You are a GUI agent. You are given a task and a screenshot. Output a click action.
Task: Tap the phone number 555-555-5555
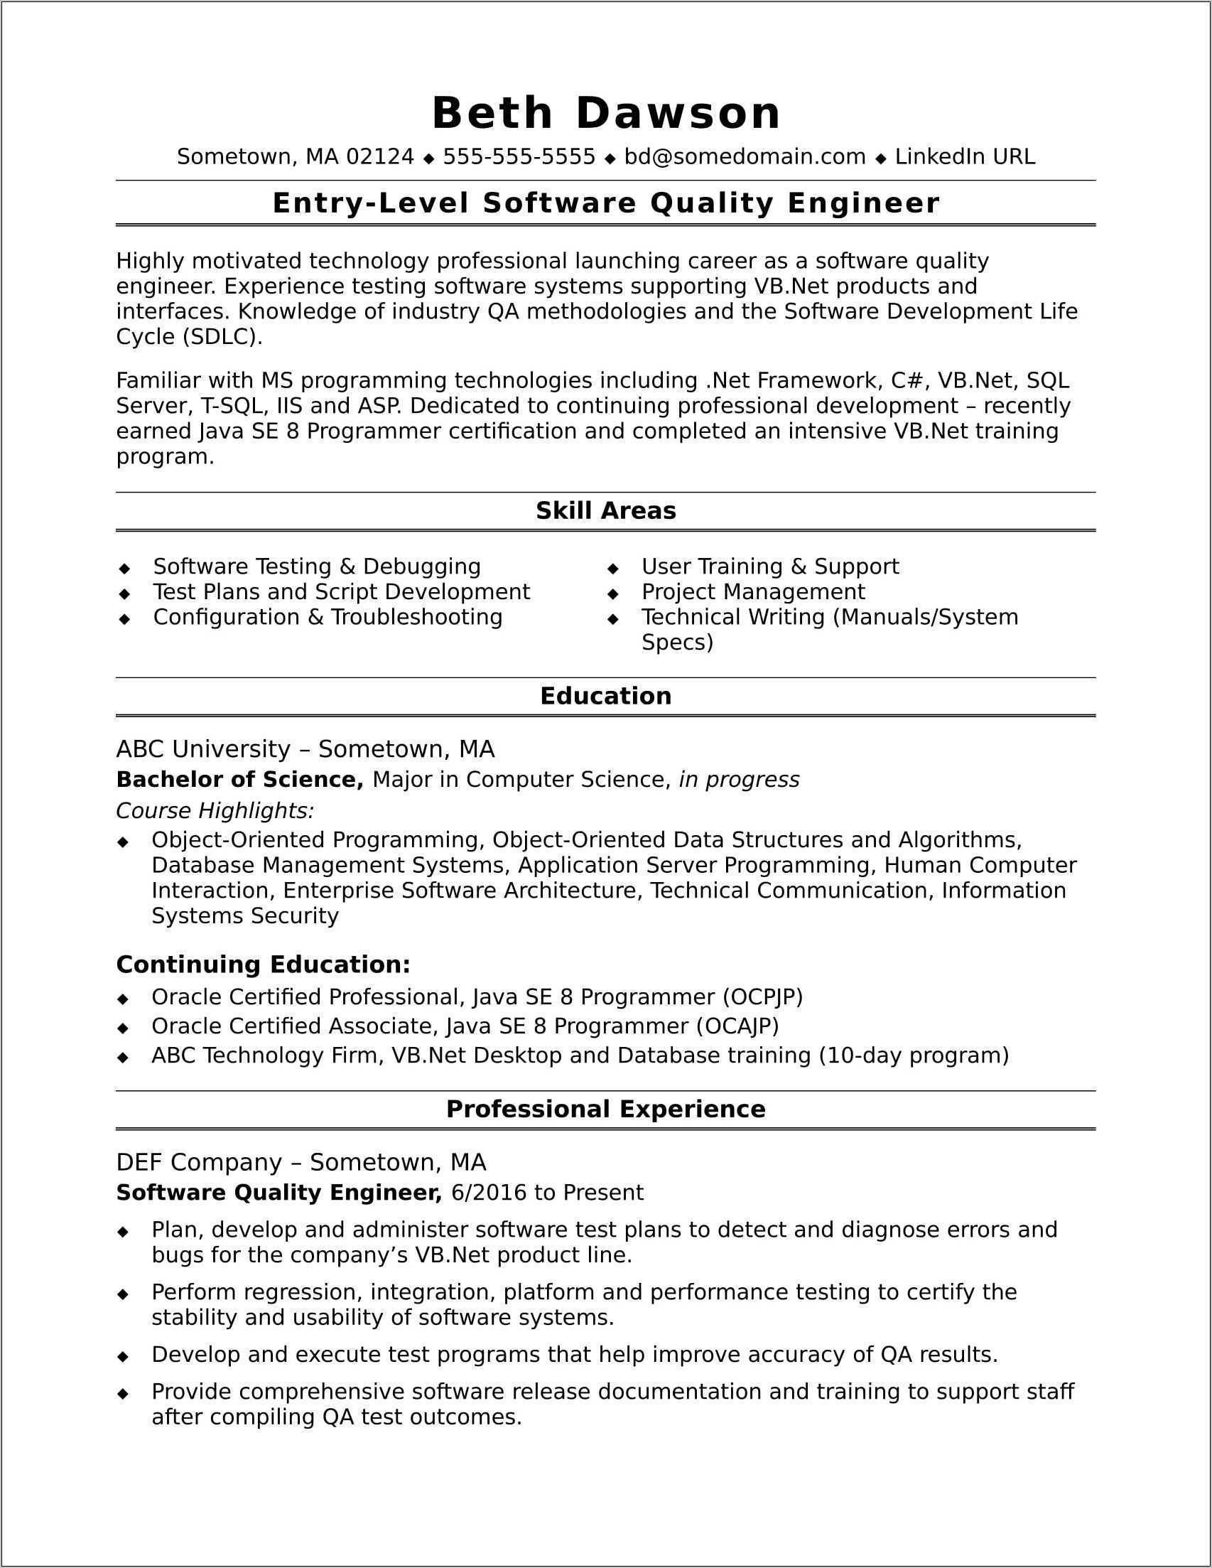click(519, 156)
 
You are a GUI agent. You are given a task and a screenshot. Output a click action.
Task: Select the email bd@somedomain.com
click(744, 156)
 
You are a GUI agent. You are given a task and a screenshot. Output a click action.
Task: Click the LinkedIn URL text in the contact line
click(965, 156)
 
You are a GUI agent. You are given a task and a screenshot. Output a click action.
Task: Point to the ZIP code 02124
click(379, 156)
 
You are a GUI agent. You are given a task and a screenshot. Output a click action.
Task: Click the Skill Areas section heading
click(605, 510)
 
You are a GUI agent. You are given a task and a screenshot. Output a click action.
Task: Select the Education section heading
click(605, 696)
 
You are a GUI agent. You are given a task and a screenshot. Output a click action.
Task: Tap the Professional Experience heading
click(605, 1110)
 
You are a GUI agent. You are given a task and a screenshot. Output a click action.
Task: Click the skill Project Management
click(753, 591)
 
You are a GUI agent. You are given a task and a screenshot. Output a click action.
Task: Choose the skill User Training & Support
click(769, 566)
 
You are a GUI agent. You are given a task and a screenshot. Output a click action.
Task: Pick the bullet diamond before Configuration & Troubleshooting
click(125, 618)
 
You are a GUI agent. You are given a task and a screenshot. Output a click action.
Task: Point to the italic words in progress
click(738, 780)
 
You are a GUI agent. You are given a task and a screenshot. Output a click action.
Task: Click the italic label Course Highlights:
click(215, 810)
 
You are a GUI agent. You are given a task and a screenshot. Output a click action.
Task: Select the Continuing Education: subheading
click(264, 965)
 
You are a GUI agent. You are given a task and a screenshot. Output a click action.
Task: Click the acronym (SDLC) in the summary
click(222, 337)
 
